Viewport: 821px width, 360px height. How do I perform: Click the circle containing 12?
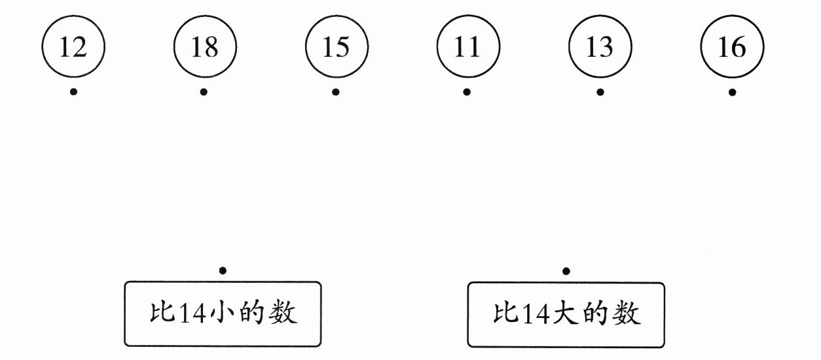(x=73, y=47)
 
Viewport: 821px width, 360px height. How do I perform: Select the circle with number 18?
(x=205, y=47)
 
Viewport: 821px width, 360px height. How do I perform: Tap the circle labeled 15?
(x=337, y=47)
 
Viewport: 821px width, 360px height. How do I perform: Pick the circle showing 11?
(x=468, y=47)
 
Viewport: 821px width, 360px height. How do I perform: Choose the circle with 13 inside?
(x=600, y=47)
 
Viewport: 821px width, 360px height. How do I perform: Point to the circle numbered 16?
(x=732, y=47)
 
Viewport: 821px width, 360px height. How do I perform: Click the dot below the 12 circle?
(x=73, y=92)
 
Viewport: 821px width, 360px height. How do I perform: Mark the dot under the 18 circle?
(x=204, y=92)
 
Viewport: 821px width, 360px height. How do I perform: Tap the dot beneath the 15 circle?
(x=336, y=92)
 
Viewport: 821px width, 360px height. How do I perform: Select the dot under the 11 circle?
(x=467, y=92)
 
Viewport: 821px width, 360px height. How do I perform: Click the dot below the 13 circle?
(x=600, y=92)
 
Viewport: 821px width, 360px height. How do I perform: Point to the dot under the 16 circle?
(x=732, y=92)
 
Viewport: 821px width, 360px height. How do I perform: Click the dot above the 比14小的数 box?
(x=223, y=270)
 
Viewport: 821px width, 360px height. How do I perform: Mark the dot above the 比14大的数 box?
(x=566, y=270)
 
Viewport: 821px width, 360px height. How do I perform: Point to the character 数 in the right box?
(x=627, y=314)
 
